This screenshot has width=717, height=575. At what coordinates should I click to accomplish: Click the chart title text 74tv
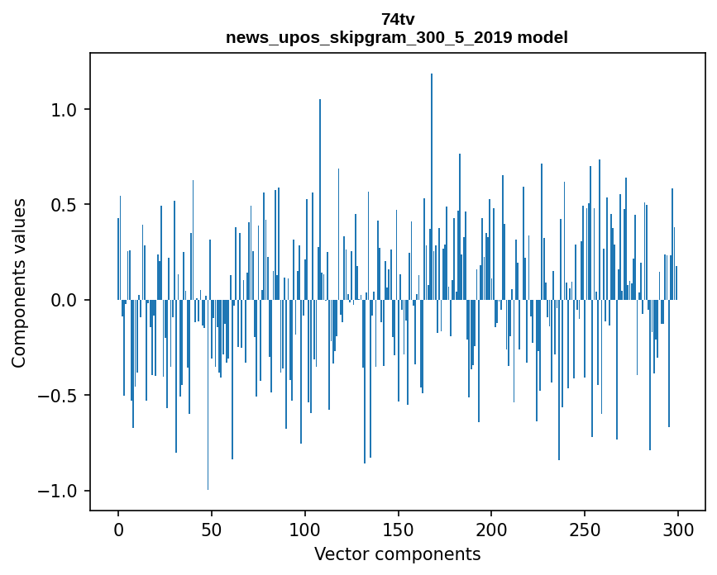click(397, 19)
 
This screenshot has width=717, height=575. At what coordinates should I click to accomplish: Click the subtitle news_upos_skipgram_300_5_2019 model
click(397, 37)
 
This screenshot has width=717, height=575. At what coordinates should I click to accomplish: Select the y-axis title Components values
click(18, 283)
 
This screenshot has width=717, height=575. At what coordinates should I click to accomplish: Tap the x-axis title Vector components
click(397, 554)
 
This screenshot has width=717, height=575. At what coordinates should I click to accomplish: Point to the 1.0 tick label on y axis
click(65, 110)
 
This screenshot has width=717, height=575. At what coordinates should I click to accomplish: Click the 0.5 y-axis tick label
click(65, 205)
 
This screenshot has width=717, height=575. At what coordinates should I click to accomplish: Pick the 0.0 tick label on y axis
click(65, 301)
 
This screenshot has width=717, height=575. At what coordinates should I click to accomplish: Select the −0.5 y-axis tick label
click(60, 396)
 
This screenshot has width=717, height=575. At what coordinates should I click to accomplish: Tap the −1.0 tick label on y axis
click(60, 492)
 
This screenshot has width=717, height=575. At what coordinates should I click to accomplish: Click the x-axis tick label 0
click(118, 529)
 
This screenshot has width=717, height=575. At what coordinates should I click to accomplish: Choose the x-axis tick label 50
click(212, 529)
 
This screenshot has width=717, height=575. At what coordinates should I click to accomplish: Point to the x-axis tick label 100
click(305, 529)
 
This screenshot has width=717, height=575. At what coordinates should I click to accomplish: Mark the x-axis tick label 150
click(399, 529)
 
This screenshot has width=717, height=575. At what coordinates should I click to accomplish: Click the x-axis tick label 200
click(491, 529)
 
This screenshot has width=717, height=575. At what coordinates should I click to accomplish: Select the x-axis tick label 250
click(585, 529)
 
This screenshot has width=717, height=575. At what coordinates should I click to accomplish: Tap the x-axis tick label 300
click(678, 529)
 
